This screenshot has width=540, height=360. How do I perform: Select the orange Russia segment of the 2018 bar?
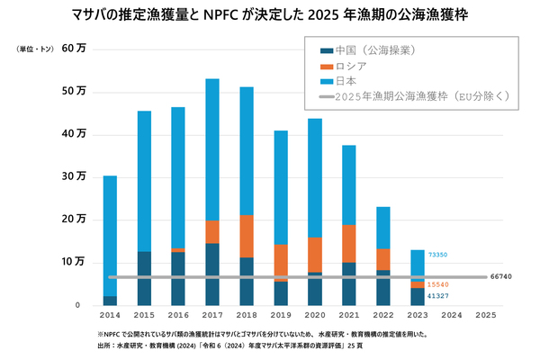pos(246,237)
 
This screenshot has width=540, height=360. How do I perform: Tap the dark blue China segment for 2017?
pos(212,274)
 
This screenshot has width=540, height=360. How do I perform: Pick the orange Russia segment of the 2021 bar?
pos(348,244)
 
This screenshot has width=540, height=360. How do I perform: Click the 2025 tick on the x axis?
pos(485,316)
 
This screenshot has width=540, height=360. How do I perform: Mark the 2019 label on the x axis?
pos(280,316)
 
